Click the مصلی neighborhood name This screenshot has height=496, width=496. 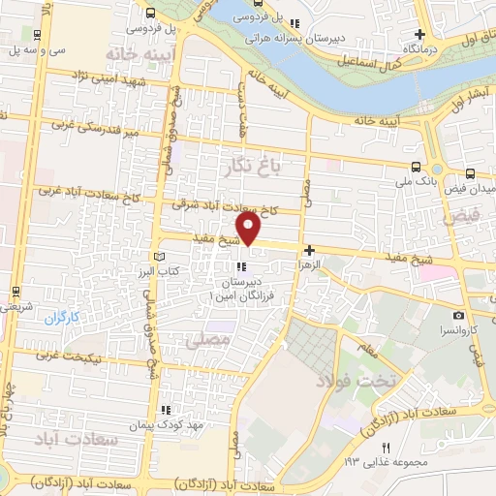[214, 340]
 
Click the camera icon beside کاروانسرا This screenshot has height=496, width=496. [458, 315]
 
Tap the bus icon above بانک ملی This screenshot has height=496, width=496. [416, 166]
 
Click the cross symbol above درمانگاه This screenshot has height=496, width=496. [420, 33]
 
